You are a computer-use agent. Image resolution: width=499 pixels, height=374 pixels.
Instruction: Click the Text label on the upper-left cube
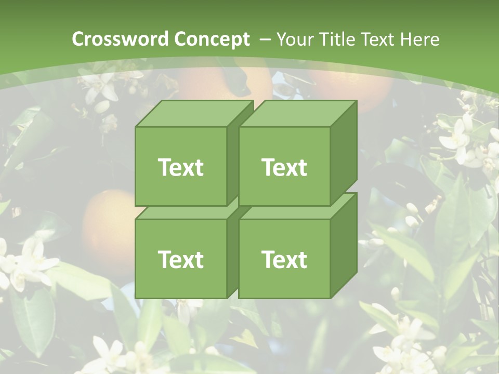click(180, 167)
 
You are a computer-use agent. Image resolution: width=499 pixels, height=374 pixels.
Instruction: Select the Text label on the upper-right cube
click(284, 167)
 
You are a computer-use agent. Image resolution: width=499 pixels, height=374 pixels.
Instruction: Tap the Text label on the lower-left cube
click(180, 259)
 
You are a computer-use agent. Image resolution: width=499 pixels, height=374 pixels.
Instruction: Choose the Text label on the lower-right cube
click(284, 259)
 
